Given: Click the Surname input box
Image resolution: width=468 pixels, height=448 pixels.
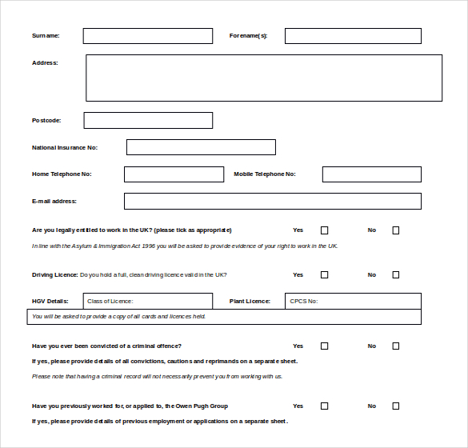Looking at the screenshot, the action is tap(148, 36).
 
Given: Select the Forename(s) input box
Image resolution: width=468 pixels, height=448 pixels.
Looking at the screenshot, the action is tap(353, 36).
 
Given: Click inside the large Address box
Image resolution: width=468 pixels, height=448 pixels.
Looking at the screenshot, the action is tap(263, 78).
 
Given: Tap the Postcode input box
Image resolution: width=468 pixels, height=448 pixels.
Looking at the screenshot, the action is tap(148, 120).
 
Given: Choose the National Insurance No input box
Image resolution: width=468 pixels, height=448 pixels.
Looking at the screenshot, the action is tap(201, 147).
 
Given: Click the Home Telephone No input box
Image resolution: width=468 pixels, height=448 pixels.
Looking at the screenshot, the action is tap(174, 174).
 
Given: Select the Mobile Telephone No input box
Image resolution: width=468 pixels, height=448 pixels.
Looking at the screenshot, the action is tap(371, 174).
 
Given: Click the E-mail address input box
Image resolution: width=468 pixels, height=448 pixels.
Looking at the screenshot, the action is tap(272, 201).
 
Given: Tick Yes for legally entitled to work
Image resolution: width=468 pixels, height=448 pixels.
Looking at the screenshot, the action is tap(324, 230).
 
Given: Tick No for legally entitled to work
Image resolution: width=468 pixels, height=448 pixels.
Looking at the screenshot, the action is tap(395, 230).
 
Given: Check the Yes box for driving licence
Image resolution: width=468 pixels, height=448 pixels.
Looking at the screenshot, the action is tap(324, 274).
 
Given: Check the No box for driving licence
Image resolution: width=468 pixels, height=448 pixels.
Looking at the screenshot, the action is tap(395, 274).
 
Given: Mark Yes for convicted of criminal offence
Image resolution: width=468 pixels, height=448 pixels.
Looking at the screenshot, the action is tap(324, 346).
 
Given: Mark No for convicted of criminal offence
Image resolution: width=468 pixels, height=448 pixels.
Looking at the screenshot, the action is tap(395, 346).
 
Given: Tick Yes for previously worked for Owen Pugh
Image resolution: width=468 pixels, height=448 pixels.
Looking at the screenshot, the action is tap(324, 406).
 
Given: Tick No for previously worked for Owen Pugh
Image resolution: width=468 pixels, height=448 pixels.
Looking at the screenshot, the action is tap(395, 406).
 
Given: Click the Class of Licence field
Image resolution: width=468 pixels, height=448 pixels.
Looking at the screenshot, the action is tap(148, 302).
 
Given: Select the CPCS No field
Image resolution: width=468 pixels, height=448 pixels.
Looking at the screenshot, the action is tap(353, 302).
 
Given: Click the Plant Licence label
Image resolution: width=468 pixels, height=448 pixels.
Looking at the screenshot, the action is tap(250, 302).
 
